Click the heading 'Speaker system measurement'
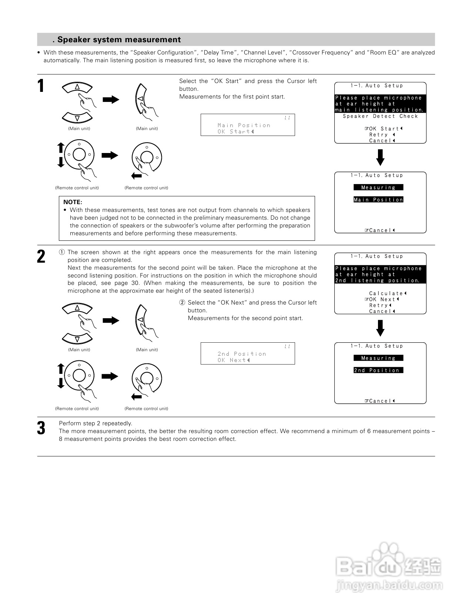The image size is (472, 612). point(119,40)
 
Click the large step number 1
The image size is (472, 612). point(41,86)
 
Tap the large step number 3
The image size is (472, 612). point(41,428)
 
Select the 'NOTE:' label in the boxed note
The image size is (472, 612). point(73,202)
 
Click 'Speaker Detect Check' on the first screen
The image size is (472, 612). point(380,116)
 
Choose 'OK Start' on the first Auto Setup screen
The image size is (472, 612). point(384,129)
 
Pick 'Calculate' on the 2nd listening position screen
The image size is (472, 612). point(386,293)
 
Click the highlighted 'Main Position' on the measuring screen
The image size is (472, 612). point(378,200)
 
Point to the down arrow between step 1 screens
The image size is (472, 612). point(380,157)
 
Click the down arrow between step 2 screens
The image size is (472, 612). point(380,328)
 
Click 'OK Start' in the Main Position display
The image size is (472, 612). point(234,132)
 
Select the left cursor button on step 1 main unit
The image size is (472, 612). point(140,99)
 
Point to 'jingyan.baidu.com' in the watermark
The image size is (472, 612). point(389,586)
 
